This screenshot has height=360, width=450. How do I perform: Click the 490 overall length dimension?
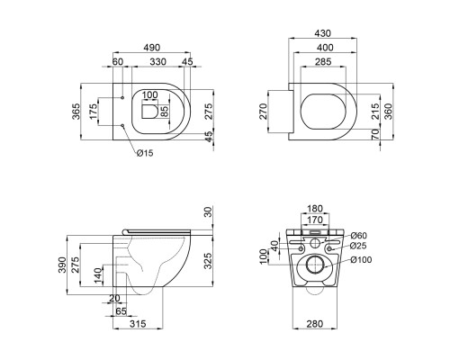152,48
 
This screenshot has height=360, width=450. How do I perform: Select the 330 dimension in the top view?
157,61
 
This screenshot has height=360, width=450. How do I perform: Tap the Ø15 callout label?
145,153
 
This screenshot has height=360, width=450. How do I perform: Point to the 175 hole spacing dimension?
94,112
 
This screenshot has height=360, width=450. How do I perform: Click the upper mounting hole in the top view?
122,98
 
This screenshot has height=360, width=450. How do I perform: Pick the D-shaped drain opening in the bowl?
149,112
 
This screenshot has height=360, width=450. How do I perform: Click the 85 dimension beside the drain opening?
165,112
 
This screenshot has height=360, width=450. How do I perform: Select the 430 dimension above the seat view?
322,33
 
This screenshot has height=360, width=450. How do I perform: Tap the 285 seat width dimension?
323,61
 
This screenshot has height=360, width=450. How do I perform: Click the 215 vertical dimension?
375,112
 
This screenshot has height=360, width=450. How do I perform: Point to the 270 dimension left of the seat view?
263,112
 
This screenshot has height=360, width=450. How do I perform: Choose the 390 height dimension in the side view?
62,265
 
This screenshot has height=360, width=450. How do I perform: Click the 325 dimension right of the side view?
208,260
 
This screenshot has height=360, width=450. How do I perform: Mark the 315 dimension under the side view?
138,324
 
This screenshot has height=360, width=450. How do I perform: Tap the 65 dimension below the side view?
121,311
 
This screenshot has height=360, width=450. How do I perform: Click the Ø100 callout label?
361,259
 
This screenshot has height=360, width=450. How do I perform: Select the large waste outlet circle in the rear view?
314,265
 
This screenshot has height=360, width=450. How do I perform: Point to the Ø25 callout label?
358,246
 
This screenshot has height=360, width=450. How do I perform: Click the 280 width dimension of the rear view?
315,324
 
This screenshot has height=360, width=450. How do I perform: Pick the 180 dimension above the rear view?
315,208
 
